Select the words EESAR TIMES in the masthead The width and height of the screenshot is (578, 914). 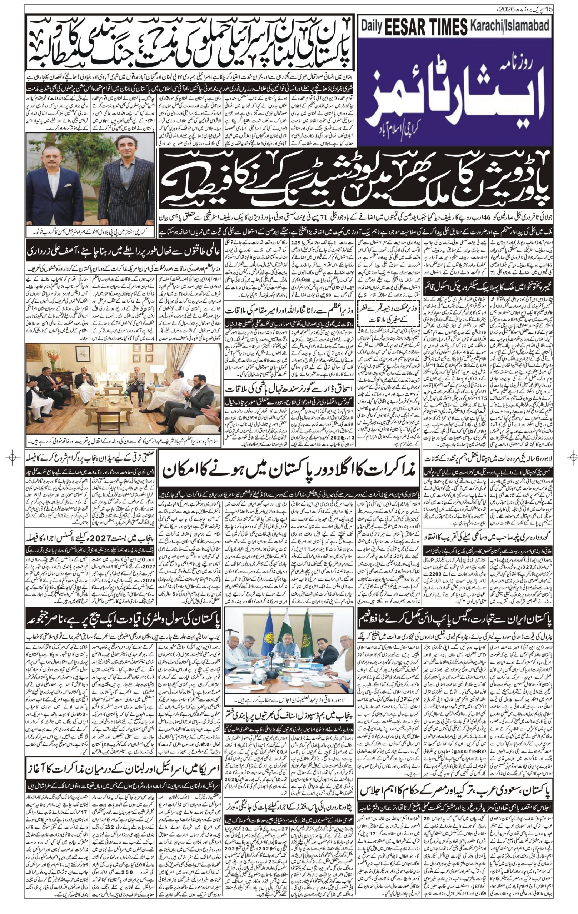click(x=426, y=26)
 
